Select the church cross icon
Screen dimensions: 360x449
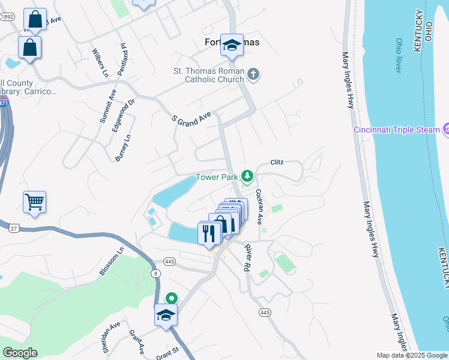pyautogui.click(x=253, y=74)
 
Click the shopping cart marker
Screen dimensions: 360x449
pyautogui.click(x=35, y=202)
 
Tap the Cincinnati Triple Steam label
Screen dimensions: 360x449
pyautogui.click(x=397, y=129)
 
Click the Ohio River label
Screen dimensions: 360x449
pyautogui.click(x=399, y=55)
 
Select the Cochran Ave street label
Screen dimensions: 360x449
pyautogui.click(x=260, y=207)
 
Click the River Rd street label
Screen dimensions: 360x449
pyautogui.click(x=247, y=256)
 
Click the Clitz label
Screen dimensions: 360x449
pyautogui.click(x=277, y=162)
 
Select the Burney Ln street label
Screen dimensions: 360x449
pyautogui.click(x=122, y=148)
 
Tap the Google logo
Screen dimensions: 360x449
pyautogui.click(x=20, y=353)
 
